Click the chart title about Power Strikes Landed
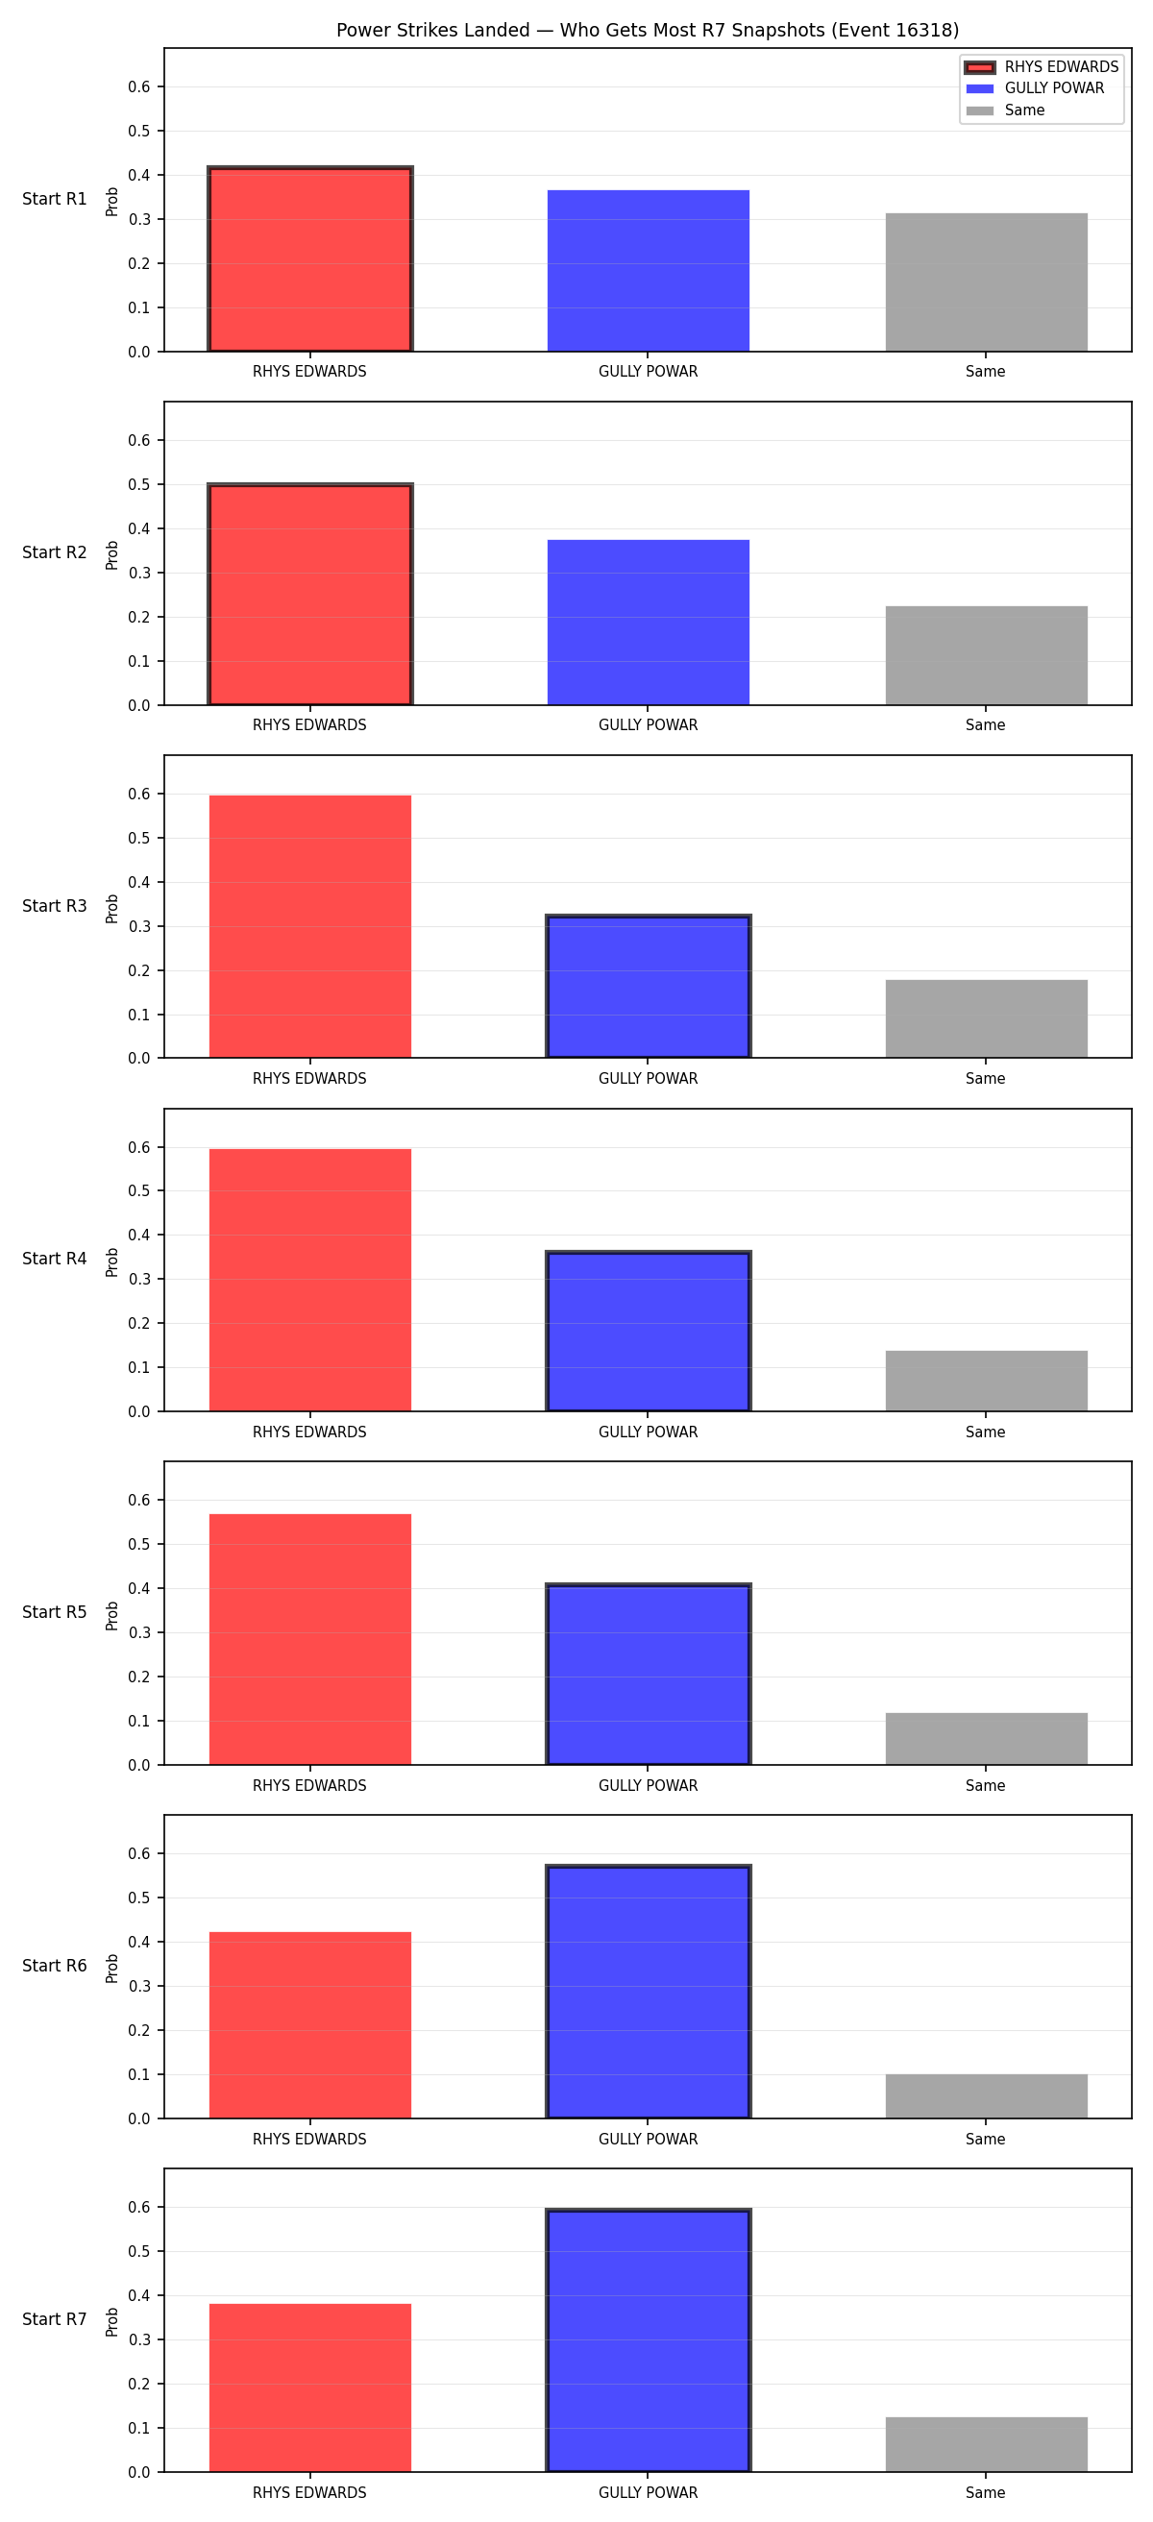647,31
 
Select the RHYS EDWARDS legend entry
1042,66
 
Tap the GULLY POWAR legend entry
1035,88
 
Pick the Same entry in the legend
1005,110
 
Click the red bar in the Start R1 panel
310,259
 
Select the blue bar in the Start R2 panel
648,623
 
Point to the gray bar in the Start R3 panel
987,1019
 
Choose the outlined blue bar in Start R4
648,1332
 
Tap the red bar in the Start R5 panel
310,1640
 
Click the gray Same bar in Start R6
987,2096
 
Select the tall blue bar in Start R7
648,2340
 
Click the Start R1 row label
55,199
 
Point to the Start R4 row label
55,1259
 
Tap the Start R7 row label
55,2319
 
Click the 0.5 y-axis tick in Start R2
139,484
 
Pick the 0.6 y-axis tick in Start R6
139,1853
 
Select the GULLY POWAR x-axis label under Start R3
648,1079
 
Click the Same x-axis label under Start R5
986,1786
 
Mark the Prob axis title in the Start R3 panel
112,909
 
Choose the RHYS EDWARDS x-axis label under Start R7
309,2492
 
